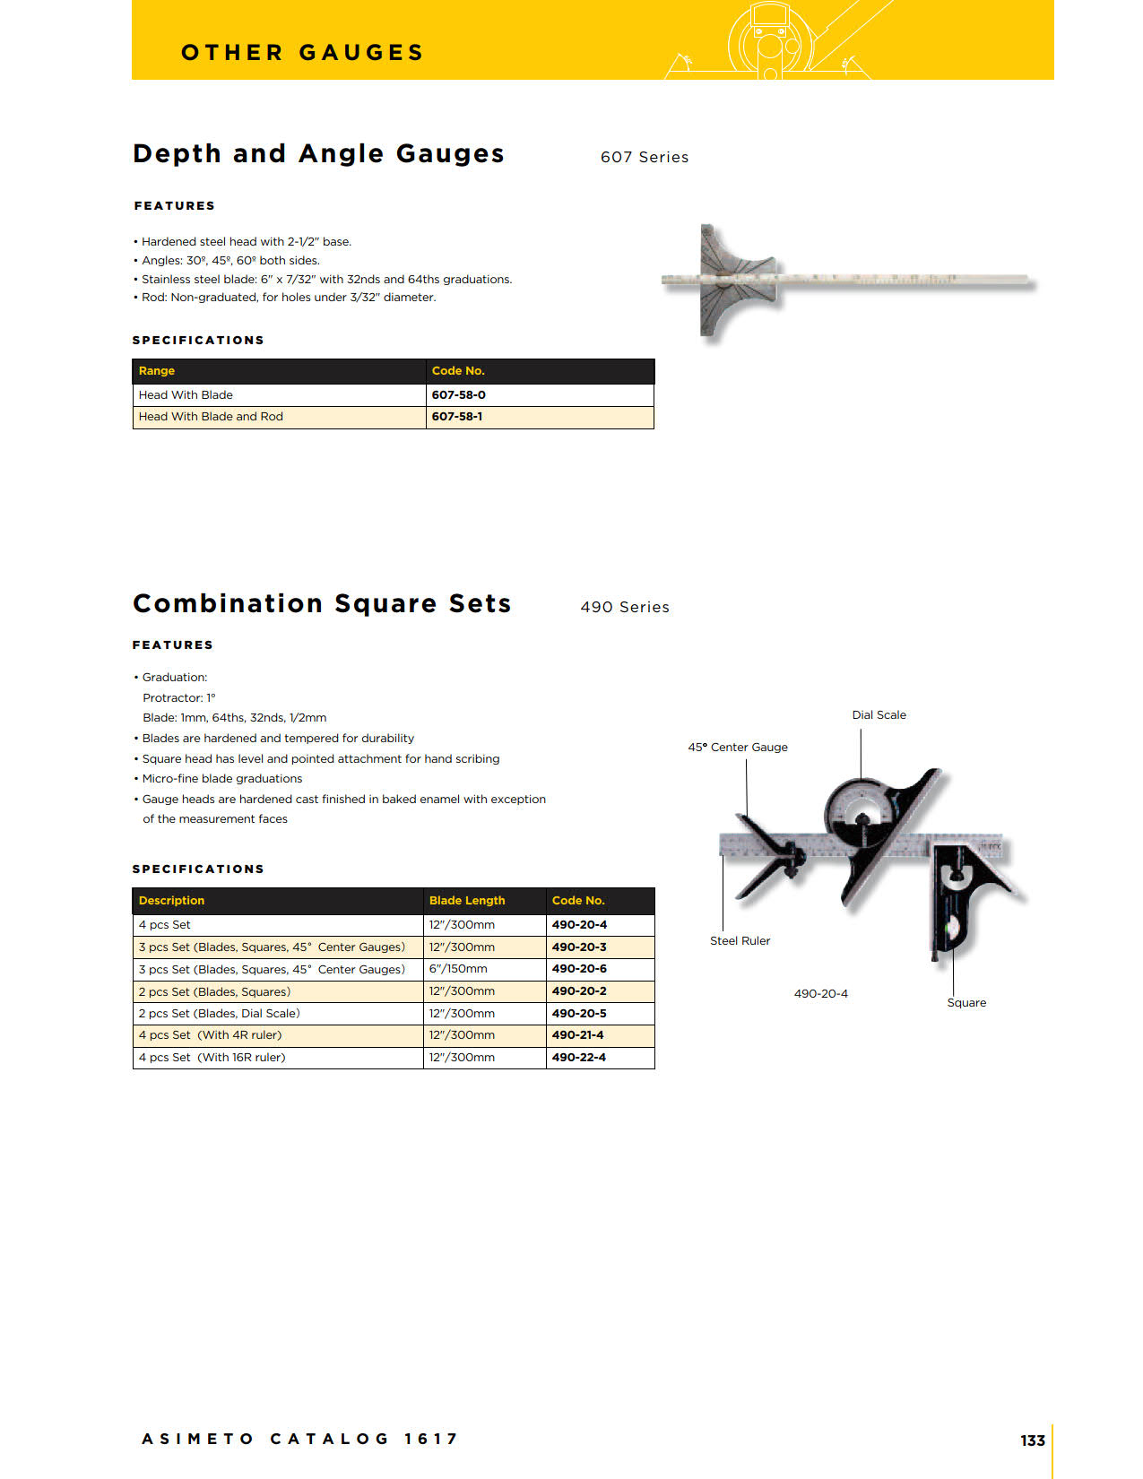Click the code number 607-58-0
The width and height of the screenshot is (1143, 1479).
click(458, 394)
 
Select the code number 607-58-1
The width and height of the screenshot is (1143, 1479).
click(456, 417)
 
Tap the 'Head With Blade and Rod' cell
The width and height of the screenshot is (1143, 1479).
click(211, 417)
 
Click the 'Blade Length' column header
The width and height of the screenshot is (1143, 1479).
click(466, 901)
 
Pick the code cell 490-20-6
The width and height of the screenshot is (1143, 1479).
click(579, 969)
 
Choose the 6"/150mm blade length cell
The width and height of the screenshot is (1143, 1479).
click(458, 969)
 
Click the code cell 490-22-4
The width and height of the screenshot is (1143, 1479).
click(579, 1058)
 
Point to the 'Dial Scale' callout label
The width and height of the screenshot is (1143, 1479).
click(879, 715)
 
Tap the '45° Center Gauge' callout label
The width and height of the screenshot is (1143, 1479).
click(738, 748)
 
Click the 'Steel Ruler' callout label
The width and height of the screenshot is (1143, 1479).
click(740, 941)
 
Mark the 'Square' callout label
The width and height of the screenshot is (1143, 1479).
click(966, 1003)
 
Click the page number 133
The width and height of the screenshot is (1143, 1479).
click(1032, 1440)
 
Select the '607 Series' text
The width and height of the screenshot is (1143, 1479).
click(645, 158)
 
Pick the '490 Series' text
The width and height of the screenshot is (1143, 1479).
click(625, 608)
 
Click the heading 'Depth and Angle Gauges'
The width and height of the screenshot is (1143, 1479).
click(318, 154)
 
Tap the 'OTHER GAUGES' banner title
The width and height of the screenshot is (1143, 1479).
click(302, 53)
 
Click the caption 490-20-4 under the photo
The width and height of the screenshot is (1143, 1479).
click(820, 994)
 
